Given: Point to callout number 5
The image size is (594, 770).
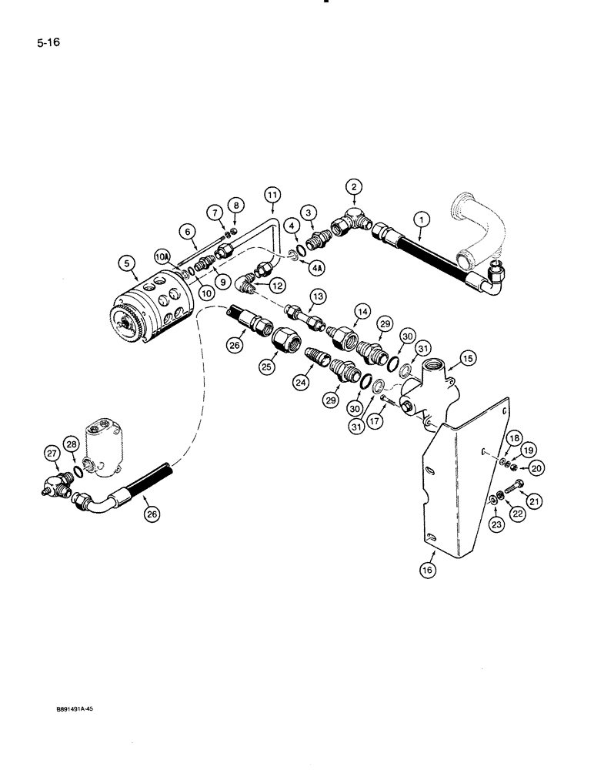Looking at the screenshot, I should (127, 263).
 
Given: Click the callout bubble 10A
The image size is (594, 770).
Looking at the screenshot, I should (162, 255).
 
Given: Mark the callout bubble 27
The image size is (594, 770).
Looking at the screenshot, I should (53, 454).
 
